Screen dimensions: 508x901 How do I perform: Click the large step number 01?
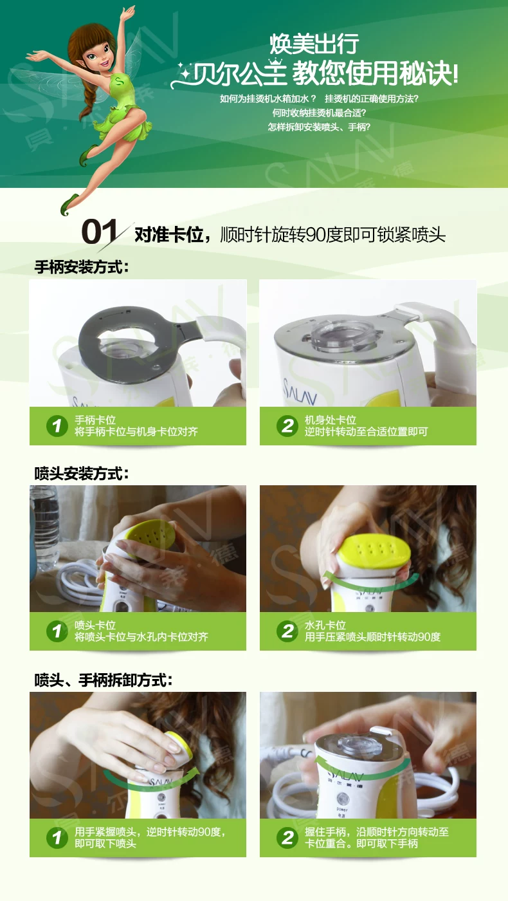(x=99, y=232)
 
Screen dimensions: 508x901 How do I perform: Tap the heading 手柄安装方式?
(x=82, y=267)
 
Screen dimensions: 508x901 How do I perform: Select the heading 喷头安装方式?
(x=82, y=474)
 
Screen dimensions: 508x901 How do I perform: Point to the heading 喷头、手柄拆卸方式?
(x=104, y=680)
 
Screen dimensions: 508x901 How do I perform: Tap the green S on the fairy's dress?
(x=118, y=82)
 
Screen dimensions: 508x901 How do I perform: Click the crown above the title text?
(x=275, y=64)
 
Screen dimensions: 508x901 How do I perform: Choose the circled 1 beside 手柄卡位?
(x=57, y=425)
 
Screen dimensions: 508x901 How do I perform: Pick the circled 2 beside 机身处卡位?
(x=287, y=425)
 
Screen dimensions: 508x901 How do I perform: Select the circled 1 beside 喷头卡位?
(x=57, y=631)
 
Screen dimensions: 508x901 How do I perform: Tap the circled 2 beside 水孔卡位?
(x=287, y=631)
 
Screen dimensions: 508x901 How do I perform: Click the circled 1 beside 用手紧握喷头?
(x=57, y=837)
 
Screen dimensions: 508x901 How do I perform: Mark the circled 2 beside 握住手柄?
(x=287, y=837)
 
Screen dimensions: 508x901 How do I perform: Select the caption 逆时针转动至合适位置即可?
(x=366, y=432)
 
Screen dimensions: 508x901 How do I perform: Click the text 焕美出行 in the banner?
(x=314, y=44)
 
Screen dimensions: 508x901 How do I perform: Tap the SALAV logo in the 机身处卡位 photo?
(x=300, y=391)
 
